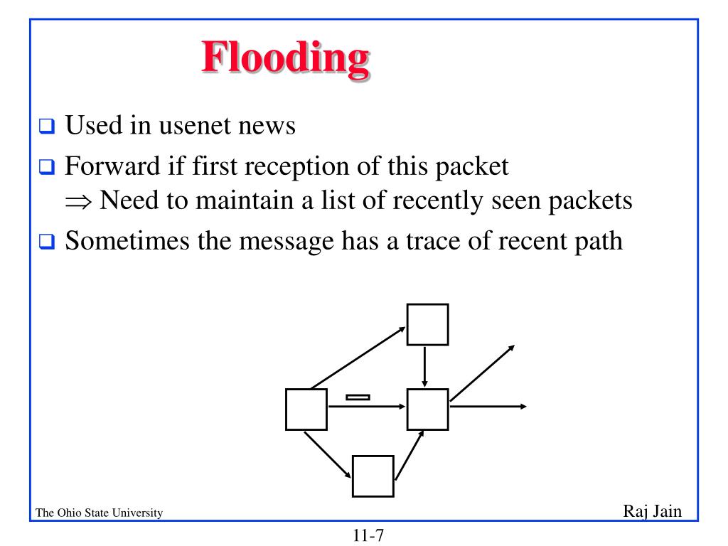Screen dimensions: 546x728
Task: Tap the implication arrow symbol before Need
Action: coord(80,201)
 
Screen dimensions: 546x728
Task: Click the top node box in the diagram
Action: coord(427,324)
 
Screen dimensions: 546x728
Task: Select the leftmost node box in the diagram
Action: coord(306,409)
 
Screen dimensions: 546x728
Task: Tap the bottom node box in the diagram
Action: coord(373,476)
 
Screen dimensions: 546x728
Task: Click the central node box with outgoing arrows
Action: coord(427,409)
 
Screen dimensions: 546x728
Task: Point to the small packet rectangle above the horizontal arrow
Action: coord(358,397)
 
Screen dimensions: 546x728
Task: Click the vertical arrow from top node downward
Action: coord(424,366)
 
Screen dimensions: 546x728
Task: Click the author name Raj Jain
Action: coord(653,511)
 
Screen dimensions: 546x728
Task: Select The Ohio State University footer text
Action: coord(99,513)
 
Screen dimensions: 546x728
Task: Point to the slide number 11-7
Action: coord(368,535)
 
